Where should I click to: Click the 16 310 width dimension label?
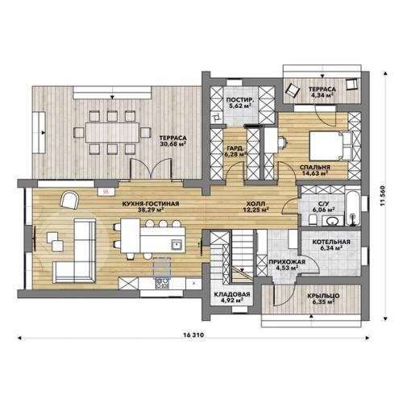[193, 335]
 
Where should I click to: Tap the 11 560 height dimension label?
[383, 197]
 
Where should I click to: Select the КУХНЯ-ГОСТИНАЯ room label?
[151, 204]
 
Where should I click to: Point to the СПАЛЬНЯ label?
[315, 167]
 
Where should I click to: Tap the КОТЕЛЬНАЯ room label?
[331, 242]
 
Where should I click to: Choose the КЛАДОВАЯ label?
[232, 294]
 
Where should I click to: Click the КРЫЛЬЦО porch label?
[323, 296]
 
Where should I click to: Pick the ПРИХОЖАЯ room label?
[287, 262]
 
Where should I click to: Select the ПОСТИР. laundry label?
[240, 100]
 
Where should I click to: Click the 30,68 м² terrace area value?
[173, 144]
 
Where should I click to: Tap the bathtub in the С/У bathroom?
[353, 209]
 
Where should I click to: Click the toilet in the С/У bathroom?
[313, 221]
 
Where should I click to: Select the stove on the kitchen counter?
[162, 283]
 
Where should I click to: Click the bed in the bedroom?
[330, 146]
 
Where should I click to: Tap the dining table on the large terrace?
[112, 132]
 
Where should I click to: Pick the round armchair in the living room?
[69, 200]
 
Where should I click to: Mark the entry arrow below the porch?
[311, 316]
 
